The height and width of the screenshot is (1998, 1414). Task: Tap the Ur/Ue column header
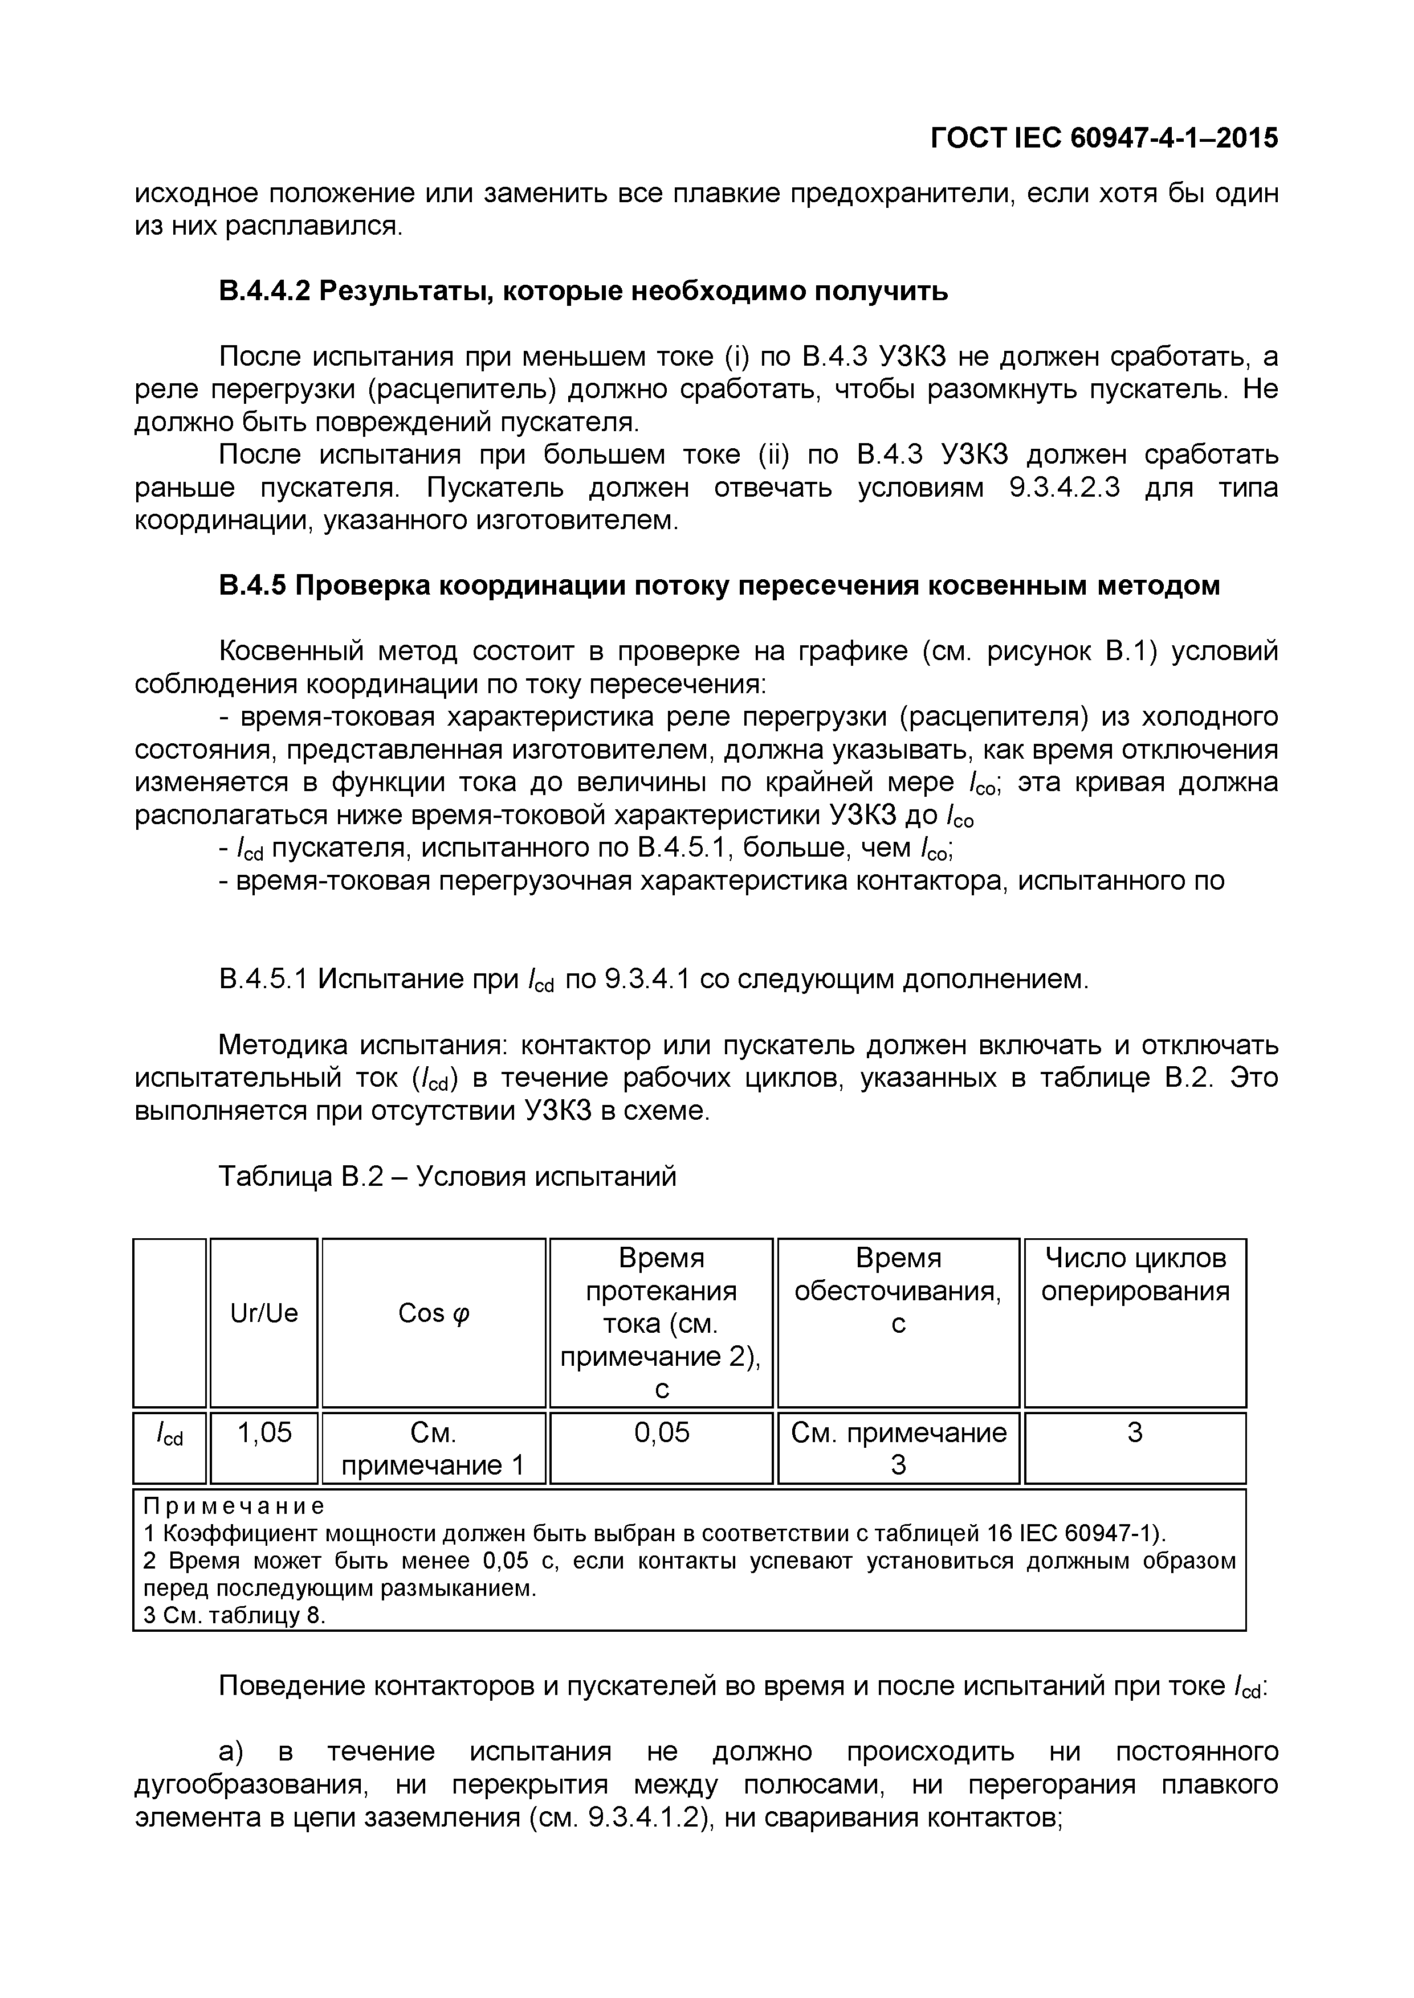click(264, 1312)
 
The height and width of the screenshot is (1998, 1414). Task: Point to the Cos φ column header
click(434, 1312)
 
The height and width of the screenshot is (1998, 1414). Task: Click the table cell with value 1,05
click(264, 1431)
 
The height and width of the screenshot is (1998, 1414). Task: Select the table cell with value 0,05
click(661, 1431)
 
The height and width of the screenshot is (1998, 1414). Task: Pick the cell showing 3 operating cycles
click(1135, 1431)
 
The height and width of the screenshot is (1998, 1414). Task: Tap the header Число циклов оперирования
click(1135, 1274)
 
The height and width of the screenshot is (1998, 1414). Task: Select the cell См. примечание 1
click(434, 1448)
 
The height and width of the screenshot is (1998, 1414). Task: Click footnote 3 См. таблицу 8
click(233, 1616)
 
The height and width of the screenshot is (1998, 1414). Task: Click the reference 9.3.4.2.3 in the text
click(1063, 488)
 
